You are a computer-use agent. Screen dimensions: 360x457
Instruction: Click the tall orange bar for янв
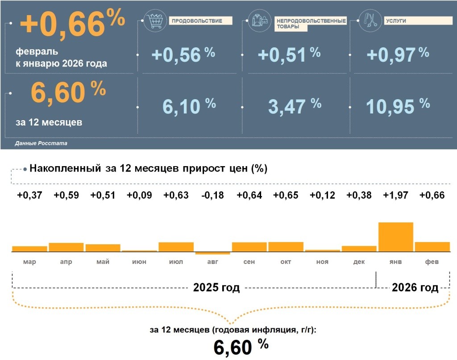[395, 237]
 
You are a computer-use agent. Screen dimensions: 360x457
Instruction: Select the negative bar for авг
[212, 253]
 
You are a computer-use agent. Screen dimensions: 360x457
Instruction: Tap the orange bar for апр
[66, 247]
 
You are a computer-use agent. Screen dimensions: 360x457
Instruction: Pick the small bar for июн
[139, 251]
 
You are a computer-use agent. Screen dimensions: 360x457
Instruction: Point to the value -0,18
[212, 195]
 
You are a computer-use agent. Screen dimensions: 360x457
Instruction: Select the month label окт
[286, 262]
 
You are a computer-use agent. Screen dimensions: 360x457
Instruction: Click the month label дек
[359, 262]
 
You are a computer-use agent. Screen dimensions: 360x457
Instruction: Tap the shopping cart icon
[154, 21]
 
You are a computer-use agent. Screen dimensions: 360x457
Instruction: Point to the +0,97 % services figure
[397, 54]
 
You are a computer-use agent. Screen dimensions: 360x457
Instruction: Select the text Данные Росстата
[41, 144]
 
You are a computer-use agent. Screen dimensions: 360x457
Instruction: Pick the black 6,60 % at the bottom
[241, 347]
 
